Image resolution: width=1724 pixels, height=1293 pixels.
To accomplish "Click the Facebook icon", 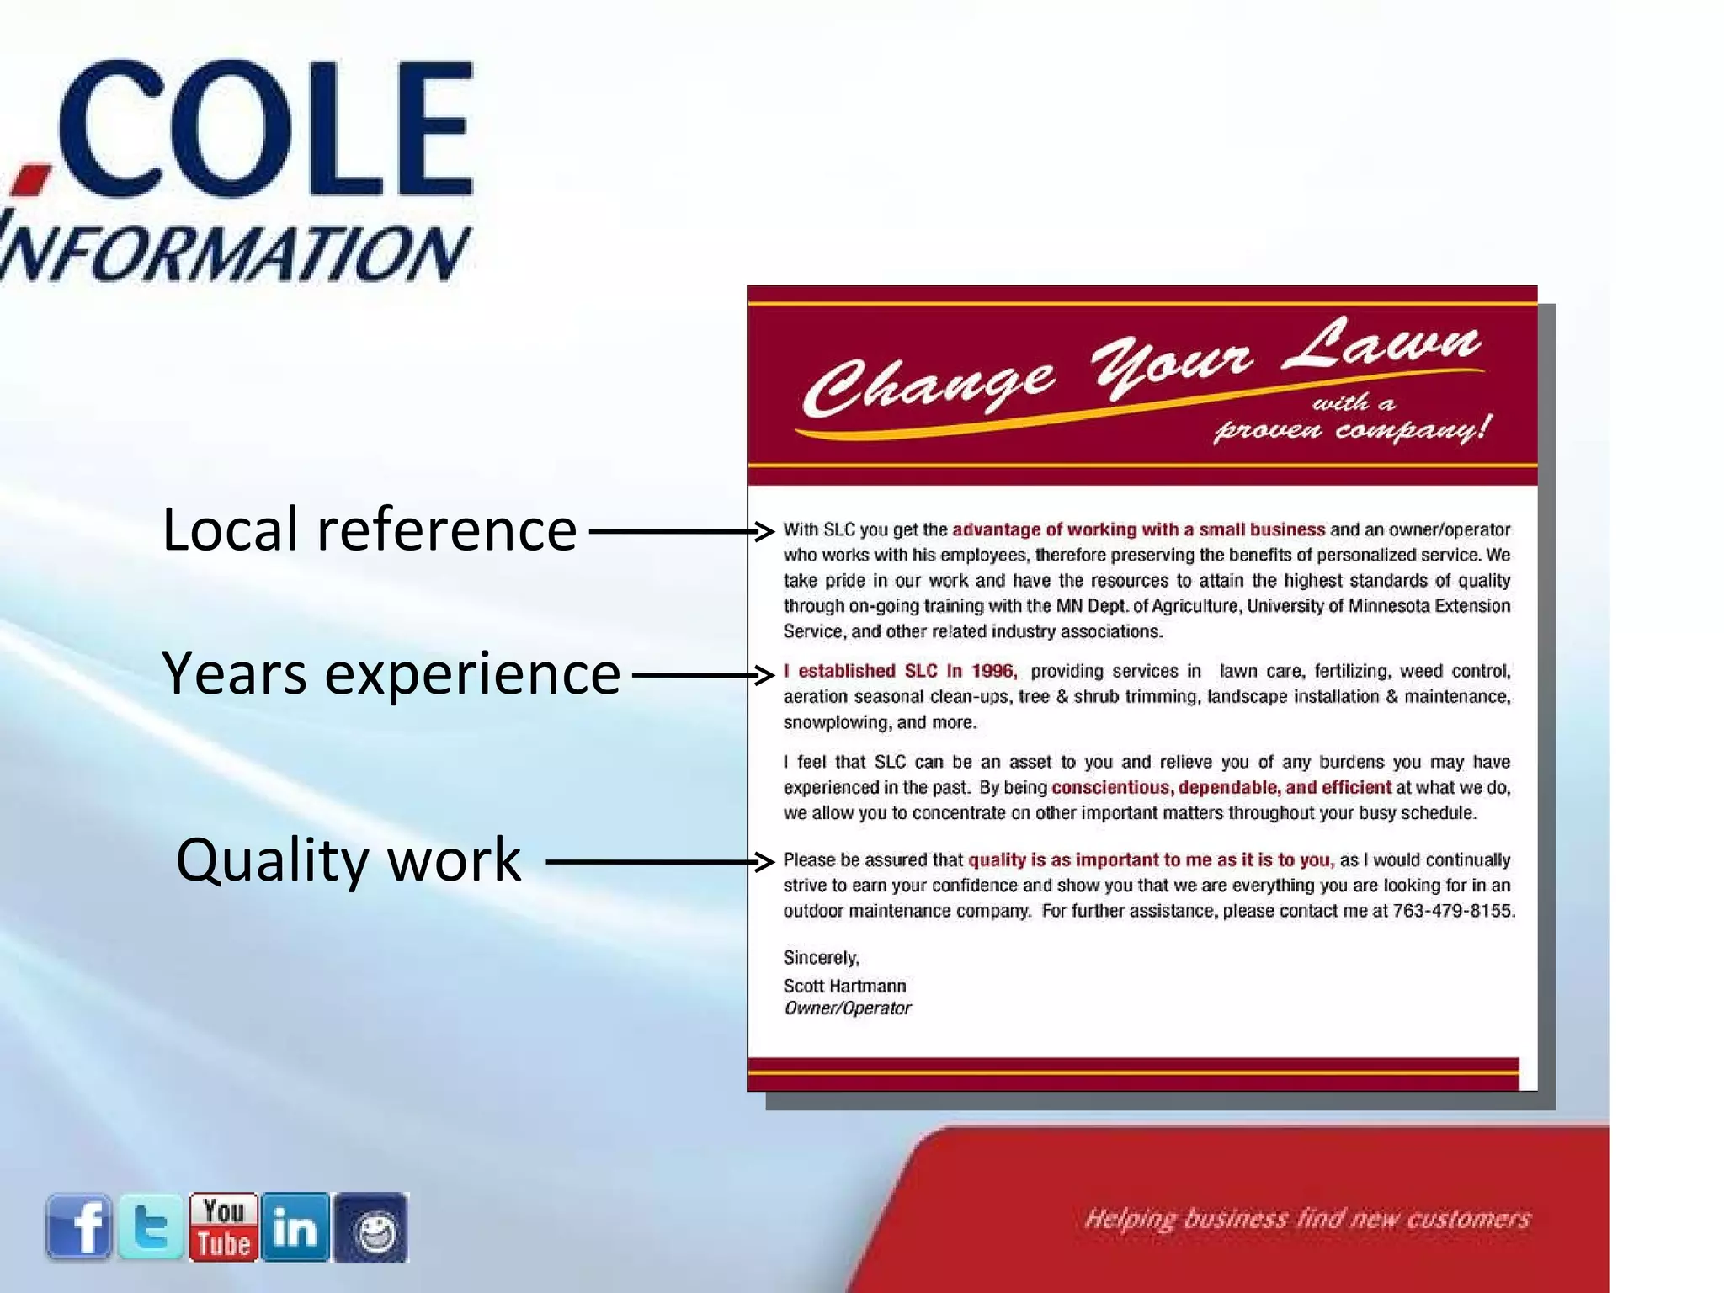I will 78,1226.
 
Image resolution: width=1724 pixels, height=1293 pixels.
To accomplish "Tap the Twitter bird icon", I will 151,1226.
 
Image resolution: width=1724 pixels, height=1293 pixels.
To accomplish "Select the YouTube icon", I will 223,1226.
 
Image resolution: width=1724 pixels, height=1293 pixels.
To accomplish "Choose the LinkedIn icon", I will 295,1226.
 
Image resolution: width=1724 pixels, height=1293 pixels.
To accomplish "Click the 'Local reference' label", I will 369,530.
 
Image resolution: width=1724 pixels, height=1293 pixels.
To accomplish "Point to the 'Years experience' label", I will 391,674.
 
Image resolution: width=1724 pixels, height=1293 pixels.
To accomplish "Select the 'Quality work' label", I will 349,860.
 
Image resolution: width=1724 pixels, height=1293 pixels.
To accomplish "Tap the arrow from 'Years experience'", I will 702,674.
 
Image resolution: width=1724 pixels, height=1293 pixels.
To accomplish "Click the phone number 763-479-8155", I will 1453,911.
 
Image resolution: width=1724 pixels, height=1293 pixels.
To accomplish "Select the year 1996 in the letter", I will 993,671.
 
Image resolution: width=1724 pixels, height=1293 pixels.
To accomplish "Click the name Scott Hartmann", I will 844,986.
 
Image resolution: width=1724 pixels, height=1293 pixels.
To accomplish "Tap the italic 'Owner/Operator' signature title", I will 847,1008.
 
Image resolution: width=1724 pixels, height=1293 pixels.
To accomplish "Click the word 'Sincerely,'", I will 821,958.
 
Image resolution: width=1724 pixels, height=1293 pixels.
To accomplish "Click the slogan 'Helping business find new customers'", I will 1306,1219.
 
